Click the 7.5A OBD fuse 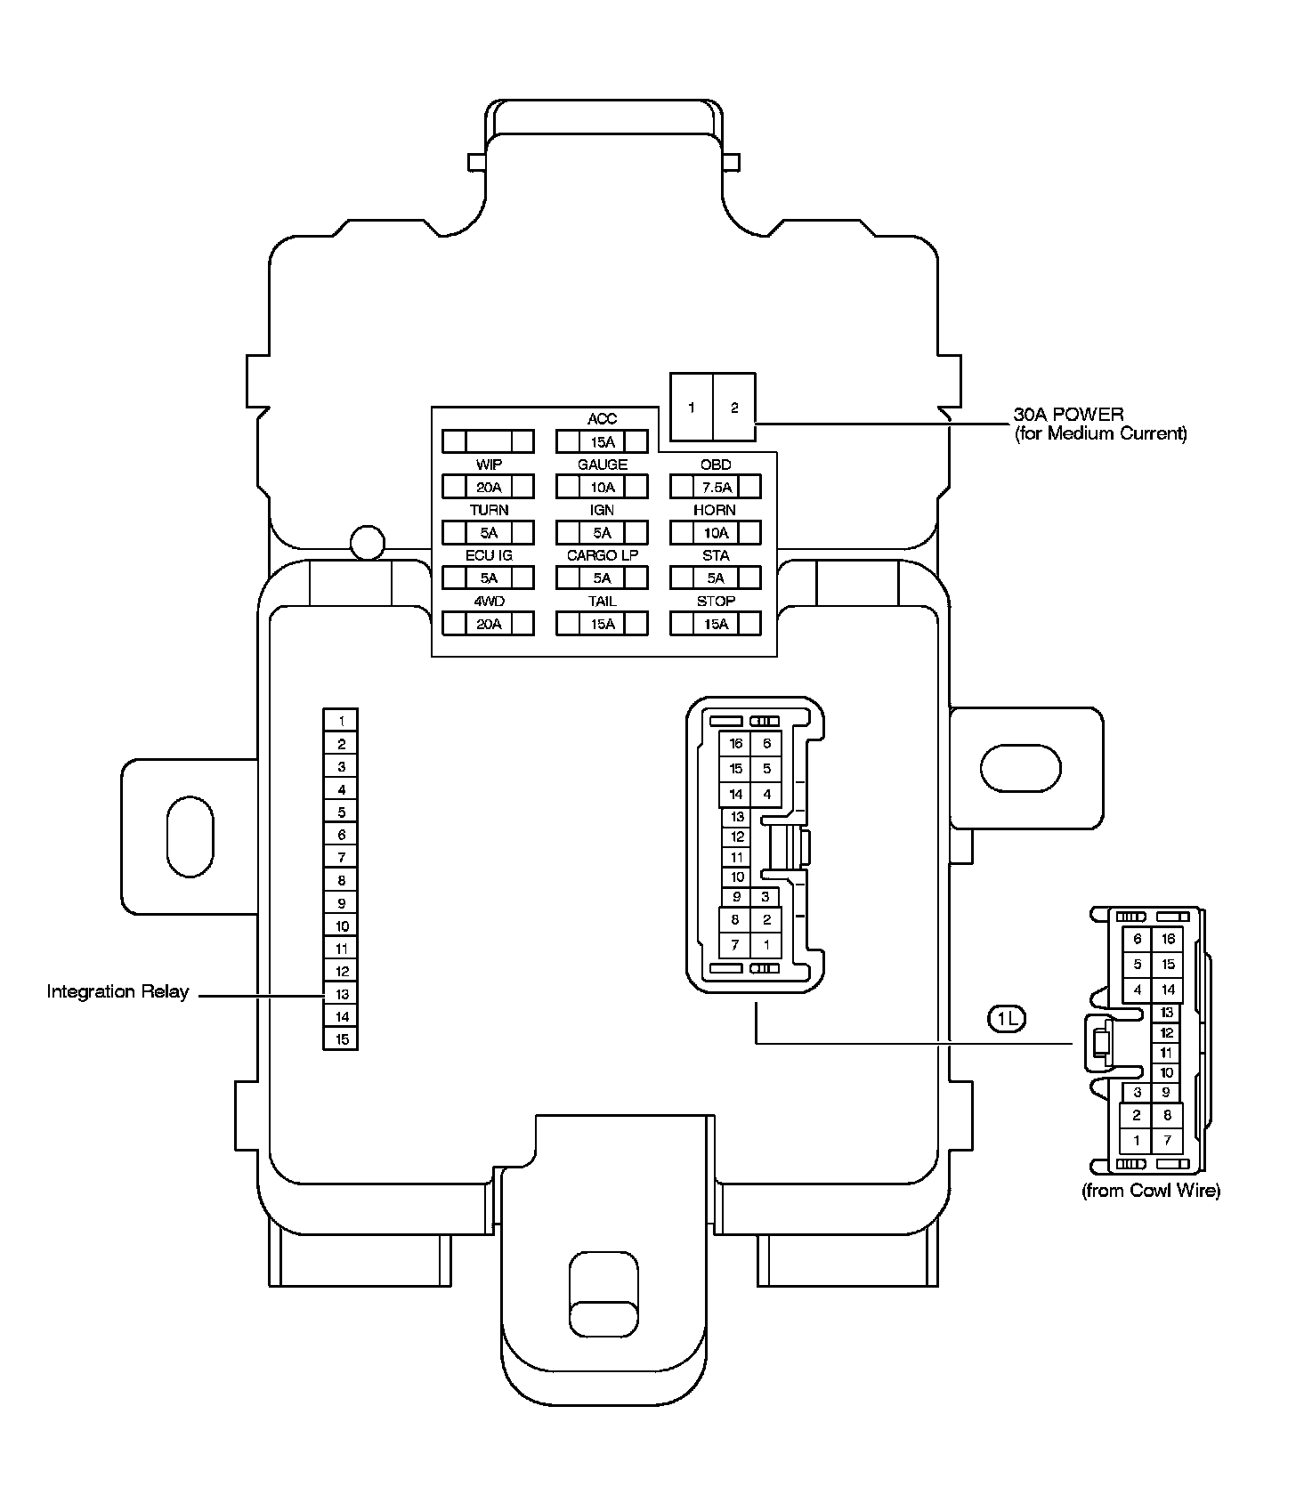(715, 487)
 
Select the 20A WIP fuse (488, 487)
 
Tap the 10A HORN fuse (715, 533)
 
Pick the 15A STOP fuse (715, 624)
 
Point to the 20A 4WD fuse (488, 624)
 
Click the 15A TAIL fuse (602, 624)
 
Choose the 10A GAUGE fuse (602, 487)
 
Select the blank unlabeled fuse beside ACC (488, 441)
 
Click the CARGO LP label (602, 555)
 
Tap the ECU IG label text (488, 555)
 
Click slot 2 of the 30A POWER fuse (734, 408)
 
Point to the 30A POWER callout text (1099, 424)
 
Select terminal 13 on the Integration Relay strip (342, 994)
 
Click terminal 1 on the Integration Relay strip (342, 721)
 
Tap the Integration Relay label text (117, 991)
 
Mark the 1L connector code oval (1007, 1019)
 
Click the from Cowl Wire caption (1150, 1191)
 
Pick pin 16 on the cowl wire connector (1168, 939)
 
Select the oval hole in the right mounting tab (1020, 767)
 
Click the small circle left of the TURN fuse (367, 542)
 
